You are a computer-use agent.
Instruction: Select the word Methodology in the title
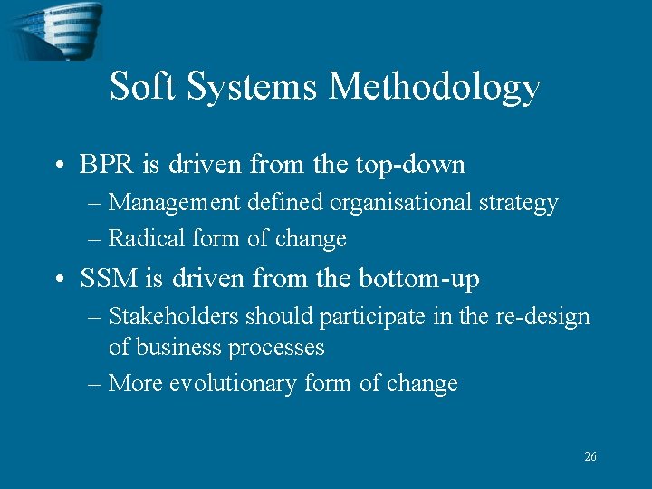pyautogui.click(x=435, y=88)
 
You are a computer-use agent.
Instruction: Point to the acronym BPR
pyautogui.click(x=105, y=165)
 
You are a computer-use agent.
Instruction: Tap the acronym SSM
pyautogui.click(x=107, y=279)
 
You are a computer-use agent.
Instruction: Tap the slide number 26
pyautogui.click(x=590, y=457)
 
